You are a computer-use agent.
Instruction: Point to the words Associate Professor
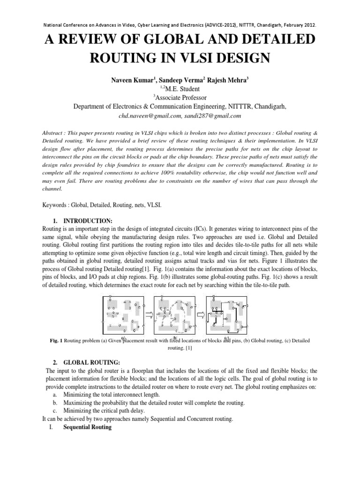(182, 97)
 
